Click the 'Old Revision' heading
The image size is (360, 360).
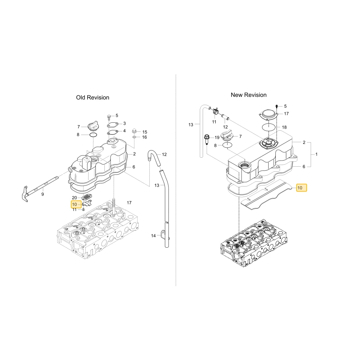pos(93,98)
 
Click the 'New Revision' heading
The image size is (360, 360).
pos(249,95)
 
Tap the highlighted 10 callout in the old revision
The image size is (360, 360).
pos(76,204)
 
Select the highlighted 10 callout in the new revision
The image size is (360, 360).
pos(301,188)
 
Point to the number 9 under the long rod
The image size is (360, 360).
pos(43,194)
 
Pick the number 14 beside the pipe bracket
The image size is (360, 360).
pos(153,235)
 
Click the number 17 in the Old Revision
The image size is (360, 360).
pos(129,203)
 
